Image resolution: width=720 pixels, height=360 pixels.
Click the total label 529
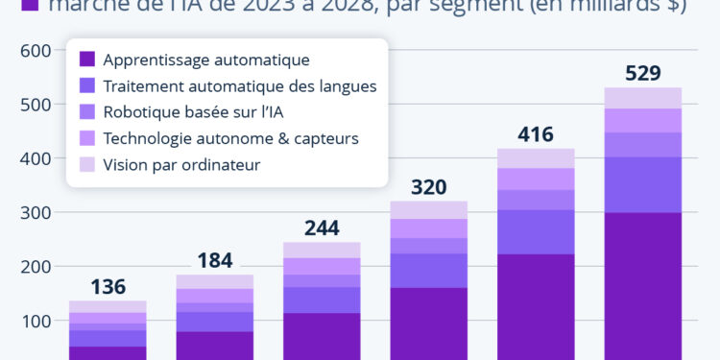(x=642, y=73)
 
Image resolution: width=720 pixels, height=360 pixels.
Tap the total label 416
(x=536, y=134)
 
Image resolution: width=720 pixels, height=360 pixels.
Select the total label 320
(x=428, y=186)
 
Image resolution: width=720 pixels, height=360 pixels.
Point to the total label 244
(x=322, y=228)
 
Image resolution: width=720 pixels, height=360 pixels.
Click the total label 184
(x=215, y=260)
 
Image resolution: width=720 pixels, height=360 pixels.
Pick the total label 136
(x=108, y=286)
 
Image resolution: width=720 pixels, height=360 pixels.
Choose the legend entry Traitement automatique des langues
(x=239, y=85)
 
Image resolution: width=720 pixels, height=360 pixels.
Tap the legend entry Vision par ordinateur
(x=181, y=164)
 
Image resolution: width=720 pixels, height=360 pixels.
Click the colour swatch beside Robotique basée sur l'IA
(x=87, y=112)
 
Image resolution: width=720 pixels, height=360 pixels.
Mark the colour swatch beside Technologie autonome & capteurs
(x=87, y=138)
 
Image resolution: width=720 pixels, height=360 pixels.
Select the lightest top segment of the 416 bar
(x=536, y=158)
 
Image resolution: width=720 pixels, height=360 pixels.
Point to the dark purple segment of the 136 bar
(x=108, y=352)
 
